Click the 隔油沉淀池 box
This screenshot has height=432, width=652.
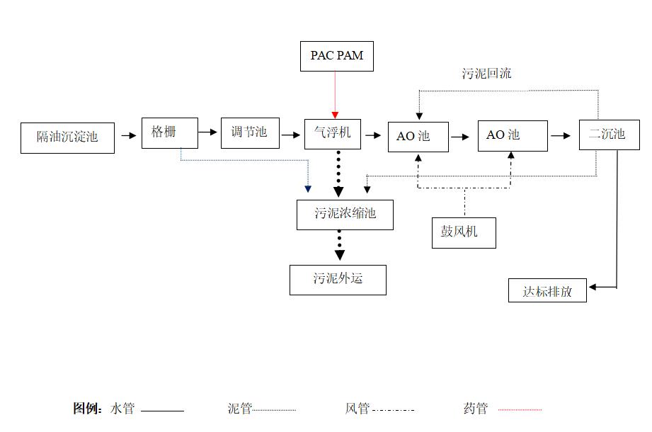tap(67, 137)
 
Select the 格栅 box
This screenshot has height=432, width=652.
tap(169, 132)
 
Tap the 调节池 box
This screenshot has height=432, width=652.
tap(250, 133)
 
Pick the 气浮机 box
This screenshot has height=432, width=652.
tap(332, 133)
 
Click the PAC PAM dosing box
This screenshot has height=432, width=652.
tap(336, 56)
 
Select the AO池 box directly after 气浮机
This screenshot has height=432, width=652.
tap(418, 136)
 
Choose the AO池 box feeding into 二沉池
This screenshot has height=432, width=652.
tap(512, 135)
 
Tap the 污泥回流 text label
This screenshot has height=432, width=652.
tap(486, 74)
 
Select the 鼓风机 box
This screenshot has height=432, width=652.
tap(464, 232)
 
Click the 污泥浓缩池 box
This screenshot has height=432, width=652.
tap(345, 214)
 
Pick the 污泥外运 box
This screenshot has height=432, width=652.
tap(338, 279)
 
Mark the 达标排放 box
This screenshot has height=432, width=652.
tap(547, 291)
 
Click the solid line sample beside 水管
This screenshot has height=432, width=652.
tap(162, 410)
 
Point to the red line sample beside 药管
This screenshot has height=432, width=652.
tap(520, 409)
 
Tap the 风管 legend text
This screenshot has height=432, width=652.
tap(358, 409)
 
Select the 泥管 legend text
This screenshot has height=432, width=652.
tap(239, 409)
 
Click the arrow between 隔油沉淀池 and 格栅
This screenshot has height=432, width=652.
tap(128, 135)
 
